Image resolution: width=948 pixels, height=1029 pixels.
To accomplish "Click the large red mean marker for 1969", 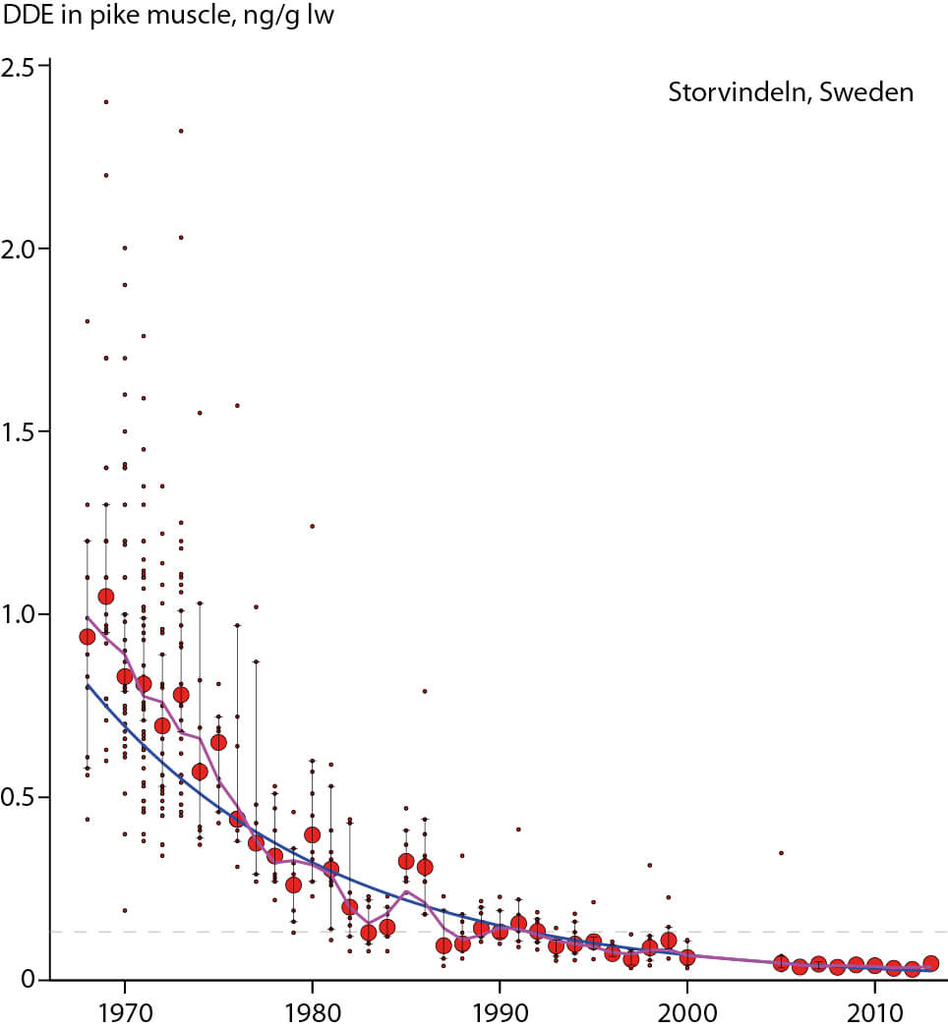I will point(106,597).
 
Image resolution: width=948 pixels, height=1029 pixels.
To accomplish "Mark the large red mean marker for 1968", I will point(87,637).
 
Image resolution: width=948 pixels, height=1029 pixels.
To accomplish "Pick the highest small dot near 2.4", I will point(106,101).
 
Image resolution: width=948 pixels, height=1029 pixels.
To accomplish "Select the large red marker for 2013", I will point(930,964).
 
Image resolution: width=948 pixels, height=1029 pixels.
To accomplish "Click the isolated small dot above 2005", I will point(781,853).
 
